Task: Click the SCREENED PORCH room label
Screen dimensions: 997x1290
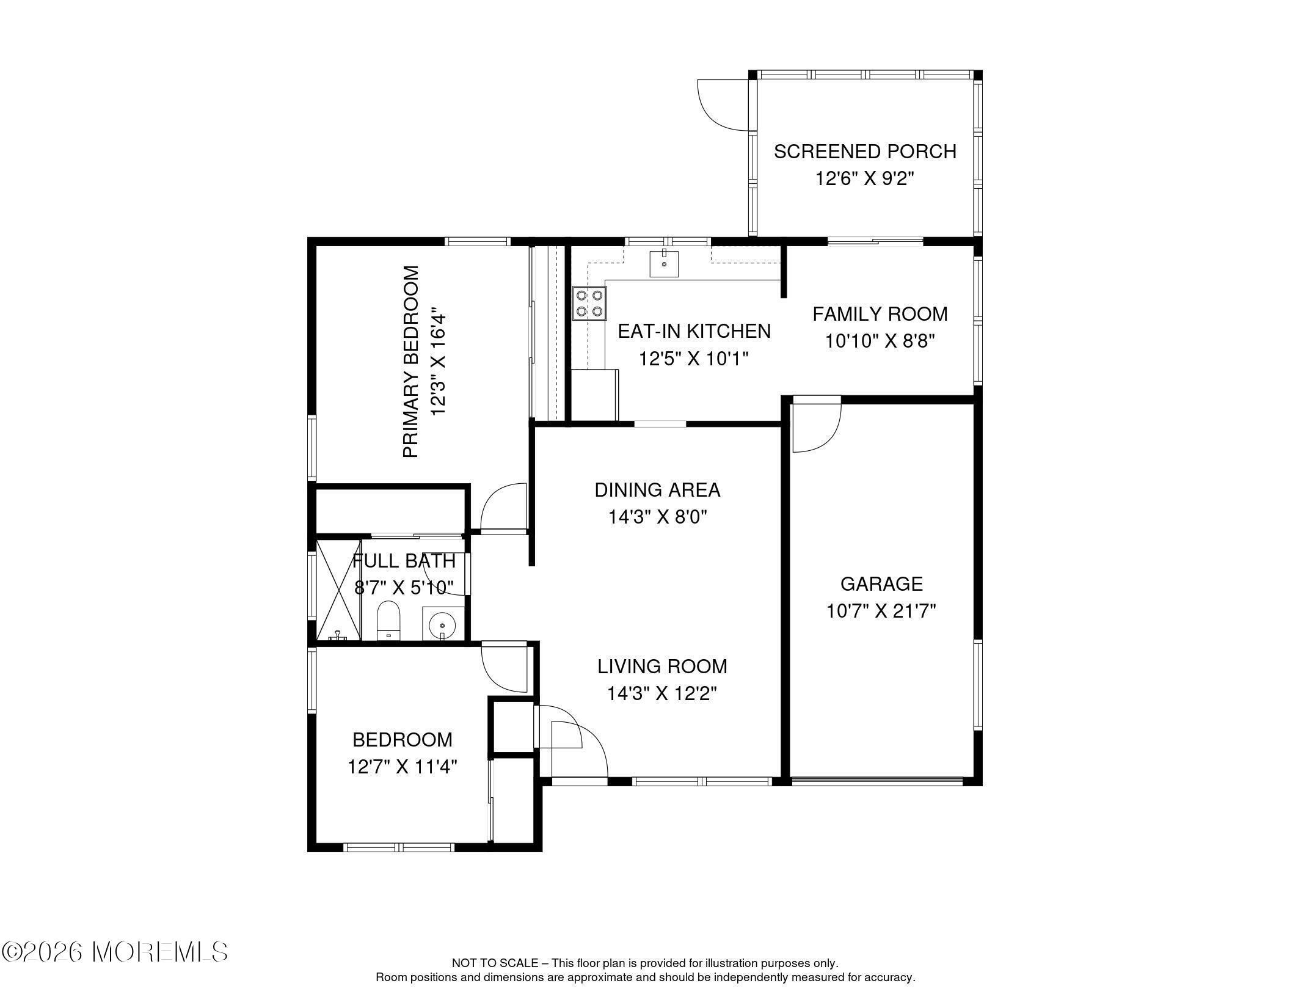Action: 864,152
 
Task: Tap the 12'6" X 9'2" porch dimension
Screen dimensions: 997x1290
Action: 864,179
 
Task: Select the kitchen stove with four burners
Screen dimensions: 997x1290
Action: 589,304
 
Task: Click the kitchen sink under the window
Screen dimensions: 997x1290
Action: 664,264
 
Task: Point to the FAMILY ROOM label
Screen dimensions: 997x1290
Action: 880,314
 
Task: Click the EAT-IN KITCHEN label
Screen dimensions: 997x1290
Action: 694,331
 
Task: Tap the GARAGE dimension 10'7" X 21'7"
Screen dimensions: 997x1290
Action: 881,611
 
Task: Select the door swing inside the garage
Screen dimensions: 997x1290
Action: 815,428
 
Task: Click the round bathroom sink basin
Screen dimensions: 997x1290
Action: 442,625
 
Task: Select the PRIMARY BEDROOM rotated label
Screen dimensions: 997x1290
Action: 412,361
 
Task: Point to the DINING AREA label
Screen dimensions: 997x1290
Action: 657,490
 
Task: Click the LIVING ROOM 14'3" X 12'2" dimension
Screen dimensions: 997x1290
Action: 661,694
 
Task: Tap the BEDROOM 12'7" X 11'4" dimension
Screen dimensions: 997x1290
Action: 402,767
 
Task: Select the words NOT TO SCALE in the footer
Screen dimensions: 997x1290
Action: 494,963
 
